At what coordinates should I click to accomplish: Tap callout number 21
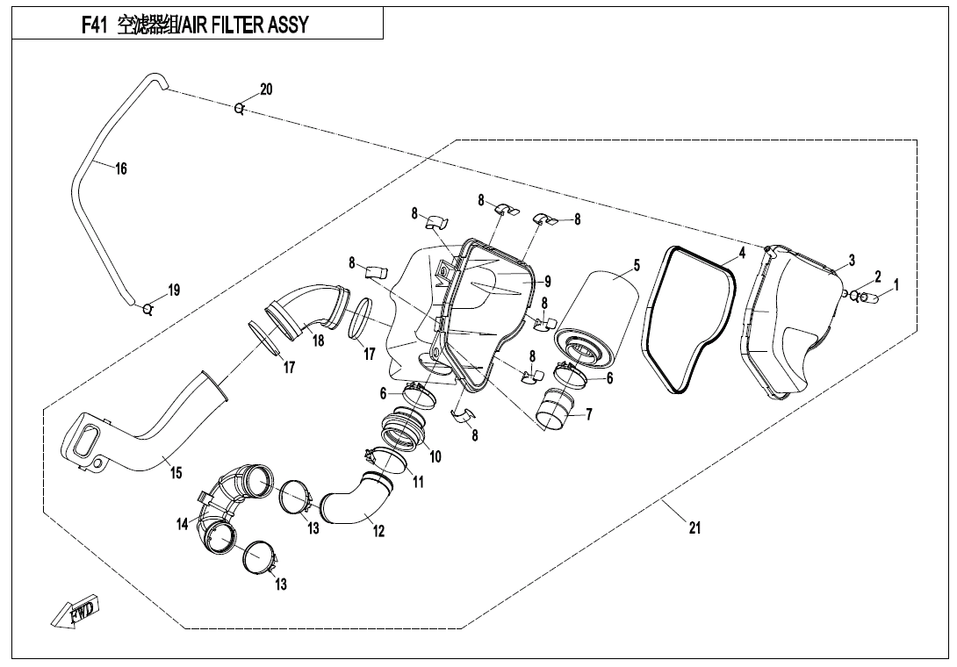click(x=695, y=527)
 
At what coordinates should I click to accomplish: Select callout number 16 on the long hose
click(x=121, y=169)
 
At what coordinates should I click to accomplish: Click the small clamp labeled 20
click(x=239, y=109)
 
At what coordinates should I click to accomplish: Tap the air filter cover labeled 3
click(x=790, y=320)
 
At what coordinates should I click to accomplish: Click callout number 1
click(x=896, y=285)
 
